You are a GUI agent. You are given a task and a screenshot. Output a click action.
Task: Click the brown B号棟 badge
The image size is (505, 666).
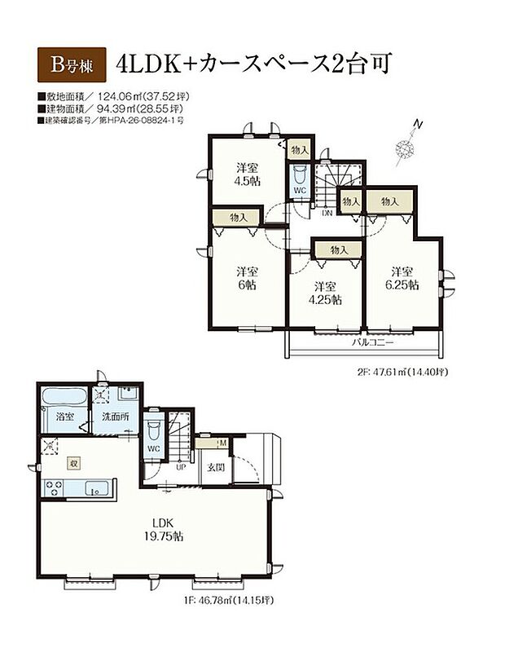click(x=72, y=64)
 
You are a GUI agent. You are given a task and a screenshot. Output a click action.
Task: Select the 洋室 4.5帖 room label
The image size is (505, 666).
click(x=248, y=174)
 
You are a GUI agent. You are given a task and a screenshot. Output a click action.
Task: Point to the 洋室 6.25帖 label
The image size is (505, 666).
click(x=402, y=278)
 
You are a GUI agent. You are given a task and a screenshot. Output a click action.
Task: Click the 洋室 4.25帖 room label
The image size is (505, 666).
click(x=326, y=293)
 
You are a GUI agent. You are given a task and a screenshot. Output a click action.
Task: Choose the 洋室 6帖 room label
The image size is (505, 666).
click(x=248, y=278)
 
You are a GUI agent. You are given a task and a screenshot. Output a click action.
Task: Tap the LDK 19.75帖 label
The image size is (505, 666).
click(x=163, y=529)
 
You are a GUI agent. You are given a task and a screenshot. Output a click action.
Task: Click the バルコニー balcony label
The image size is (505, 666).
click(x=373, y=342)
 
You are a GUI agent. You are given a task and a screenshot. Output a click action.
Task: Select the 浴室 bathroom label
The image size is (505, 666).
click(x=65, y=417)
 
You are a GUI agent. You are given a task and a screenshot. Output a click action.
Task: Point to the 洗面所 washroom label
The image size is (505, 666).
click(x=116, y=417)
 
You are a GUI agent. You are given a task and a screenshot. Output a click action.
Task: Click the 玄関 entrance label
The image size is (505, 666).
click(x=215, y=468)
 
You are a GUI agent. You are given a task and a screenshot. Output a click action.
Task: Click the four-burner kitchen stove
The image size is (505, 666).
click(x=54, y=488)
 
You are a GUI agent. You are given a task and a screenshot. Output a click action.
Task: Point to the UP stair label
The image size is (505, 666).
click(x=181, y=469)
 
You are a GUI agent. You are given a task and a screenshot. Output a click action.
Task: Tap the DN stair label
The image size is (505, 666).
click(x=327, y=214)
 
